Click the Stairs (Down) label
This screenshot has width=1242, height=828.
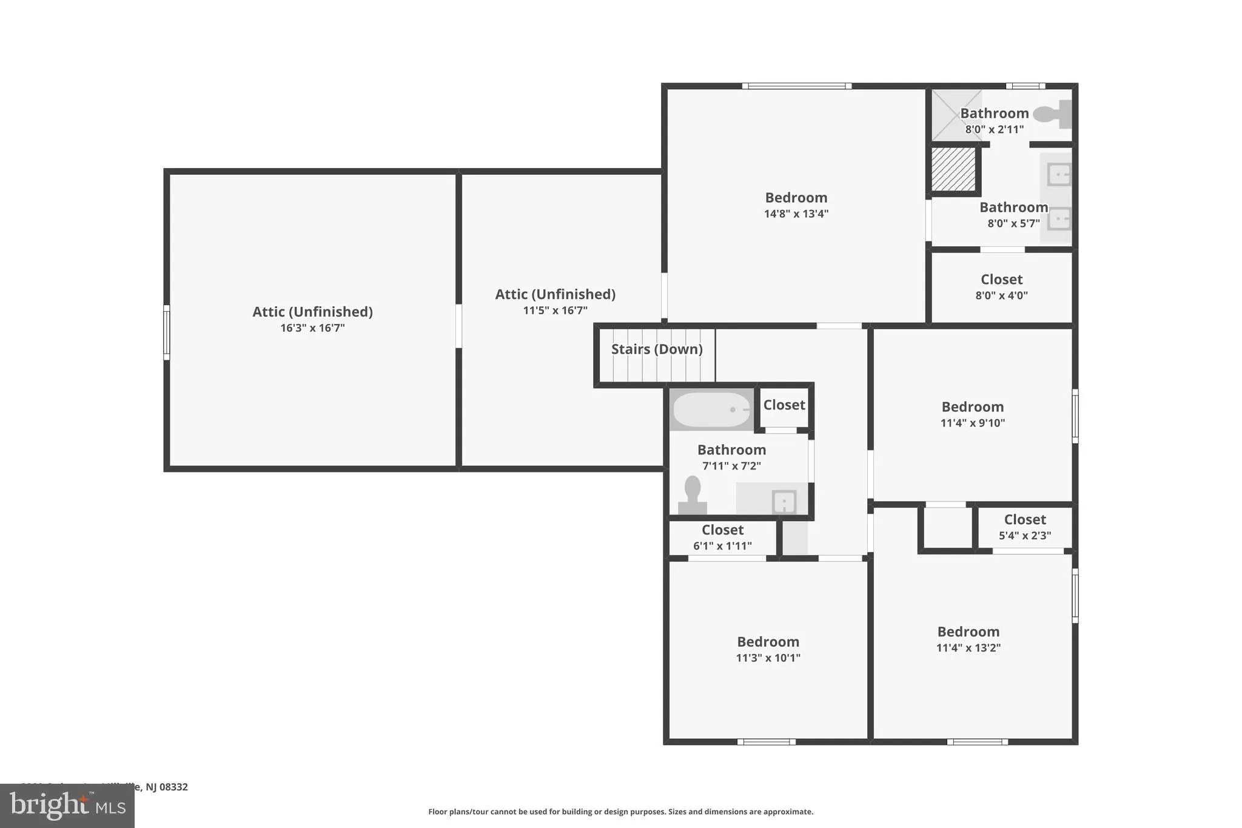click(657, 349)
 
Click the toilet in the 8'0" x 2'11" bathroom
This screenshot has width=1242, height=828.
click(1053, 114)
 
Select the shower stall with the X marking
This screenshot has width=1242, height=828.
click(956, 115)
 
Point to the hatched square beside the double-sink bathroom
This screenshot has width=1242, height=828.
click(953, 169)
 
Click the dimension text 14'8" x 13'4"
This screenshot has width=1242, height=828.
click(796, 214)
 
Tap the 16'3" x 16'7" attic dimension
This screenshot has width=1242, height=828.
click(312, 328)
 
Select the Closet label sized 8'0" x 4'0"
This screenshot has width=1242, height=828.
click(1001, 280)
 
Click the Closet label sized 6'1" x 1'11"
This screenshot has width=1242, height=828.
click(722, 530)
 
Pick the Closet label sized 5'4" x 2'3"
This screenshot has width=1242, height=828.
click(1024, 520)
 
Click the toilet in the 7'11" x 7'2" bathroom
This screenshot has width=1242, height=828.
click(693, 496)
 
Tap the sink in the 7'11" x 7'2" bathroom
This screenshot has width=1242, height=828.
click(784, 502)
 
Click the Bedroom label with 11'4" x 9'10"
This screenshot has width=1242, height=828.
click(972, 407)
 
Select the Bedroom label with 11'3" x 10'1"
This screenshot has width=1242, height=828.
click(768, 642)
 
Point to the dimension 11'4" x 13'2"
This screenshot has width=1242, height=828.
click(968, 648)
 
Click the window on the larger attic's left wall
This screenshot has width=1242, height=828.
click(167, 332)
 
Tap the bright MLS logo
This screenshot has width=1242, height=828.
click(67, 806)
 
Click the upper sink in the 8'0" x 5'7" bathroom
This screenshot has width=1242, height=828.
click(1059, 175)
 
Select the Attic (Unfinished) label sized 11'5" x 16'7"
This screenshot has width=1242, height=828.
click(555, 294)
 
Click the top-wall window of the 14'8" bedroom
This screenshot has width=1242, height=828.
click(796, 86)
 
